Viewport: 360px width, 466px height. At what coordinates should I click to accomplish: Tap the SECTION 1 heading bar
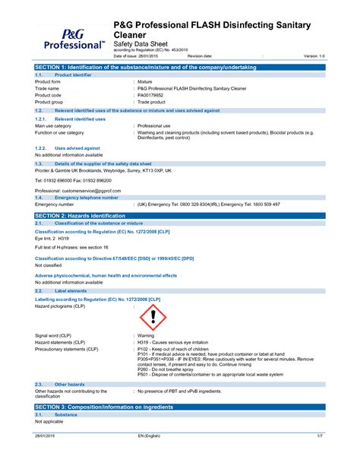tap(179, 68)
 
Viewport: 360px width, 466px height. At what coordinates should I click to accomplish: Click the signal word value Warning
tap(146, 335)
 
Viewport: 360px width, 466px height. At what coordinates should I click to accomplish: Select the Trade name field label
tap(47, 88)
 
